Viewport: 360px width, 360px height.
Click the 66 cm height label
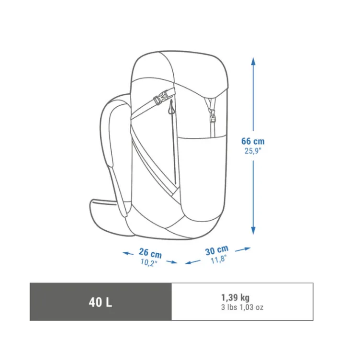(253, 141)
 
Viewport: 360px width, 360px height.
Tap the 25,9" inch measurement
(253, 151)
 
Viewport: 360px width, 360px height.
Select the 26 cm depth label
(150, 253)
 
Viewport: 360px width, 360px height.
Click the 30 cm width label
(216, 250)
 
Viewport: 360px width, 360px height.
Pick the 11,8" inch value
(218, 259)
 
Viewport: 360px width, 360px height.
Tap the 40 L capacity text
(101, 302)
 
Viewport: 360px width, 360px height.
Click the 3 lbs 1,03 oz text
(242, 307)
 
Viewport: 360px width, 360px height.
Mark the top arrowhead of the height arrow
(253, 61)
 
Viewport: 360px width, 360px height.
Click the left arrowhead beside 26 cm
(125, 253)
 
